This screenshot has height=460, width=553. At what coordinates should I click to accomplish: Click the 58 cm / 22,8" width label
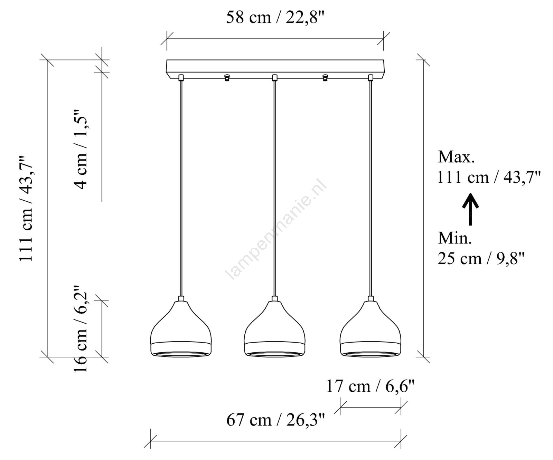275,17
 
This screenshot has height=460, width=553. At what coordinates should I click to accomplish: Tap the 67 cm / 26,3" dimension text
276,420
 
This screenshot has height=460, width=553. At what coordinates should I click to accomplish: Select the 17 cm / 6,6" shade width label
370,386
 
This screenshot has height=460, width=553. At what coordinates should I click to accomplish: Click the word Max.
456,157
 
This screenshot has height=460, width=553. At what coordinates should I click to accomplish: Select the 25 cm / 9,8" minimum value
481,258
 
